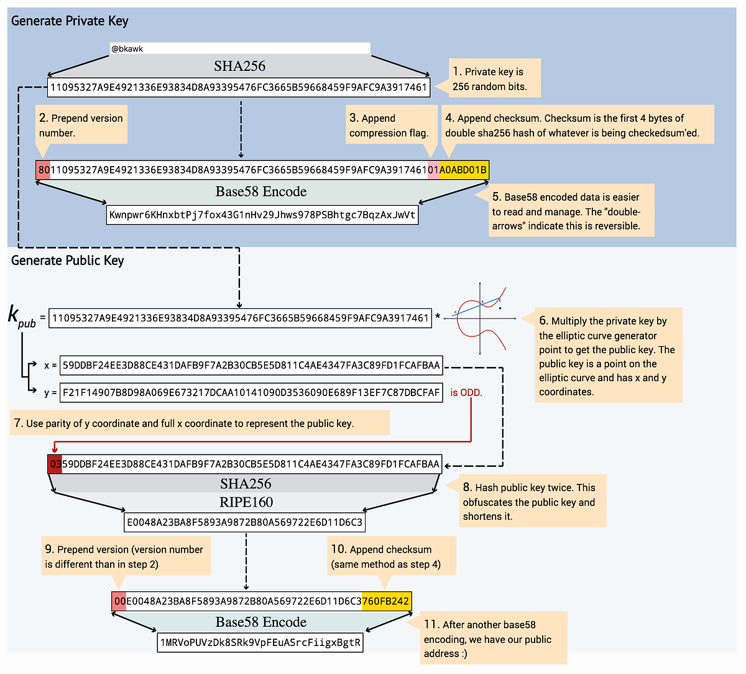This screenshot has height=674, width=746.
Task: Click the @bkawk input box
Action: tap(239, 48)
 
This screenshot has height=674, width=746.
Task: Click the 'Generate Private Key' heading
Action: tap(70, 21)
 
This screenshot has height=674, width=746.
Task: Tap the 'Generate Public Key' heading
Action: tap(67, 261)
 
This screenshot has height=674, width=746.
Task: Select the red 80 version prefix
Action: tap(44, 170)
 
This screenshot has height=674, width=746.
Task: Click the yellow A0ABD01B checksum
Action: tap(464, 170)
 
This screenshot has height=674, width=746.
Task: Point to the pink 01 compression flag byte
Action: tap(433, 170)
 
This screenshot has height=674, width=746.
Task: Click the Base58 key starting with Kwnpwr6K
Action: tap(262, 215)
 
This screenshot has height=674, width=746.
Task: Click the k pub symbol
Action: tap(21, 316)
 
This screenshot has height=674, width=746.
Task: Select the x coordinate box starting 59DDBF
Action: tap(251, 366)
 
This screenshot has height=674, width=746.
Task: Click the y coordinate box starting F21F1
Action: tap(251, 392)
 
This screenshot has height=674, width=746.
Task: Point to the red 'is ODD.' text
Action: tap(466, 393)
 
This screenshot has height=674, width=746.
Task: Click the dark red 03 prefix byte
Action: tap(55, 464)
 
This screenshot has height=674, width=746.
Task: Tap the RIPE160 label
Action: tap(246, 502)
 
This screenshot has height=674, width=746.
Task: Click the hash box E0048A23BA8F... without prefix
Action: tap(244, 522)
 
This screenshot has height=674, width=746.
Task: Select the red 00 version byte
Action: tap(119, 601)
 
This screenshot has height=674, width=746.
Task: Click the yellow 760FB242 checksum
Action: tap(385, 601)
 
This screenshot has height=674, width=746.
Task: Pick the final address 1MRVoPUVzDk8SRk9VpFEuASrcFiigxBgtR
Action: tap(260, 642)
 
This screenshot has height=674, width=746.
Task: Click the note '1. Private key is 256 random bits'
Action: tap(494, 79)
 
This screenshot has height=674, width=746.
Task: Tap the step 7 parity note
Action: tap(199, 423)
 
